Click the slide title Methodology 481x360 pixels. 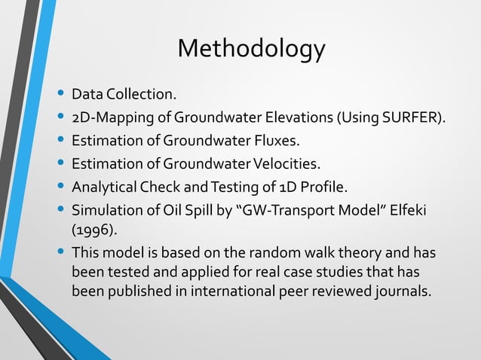pyautogui.click(x=251, y=49)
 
